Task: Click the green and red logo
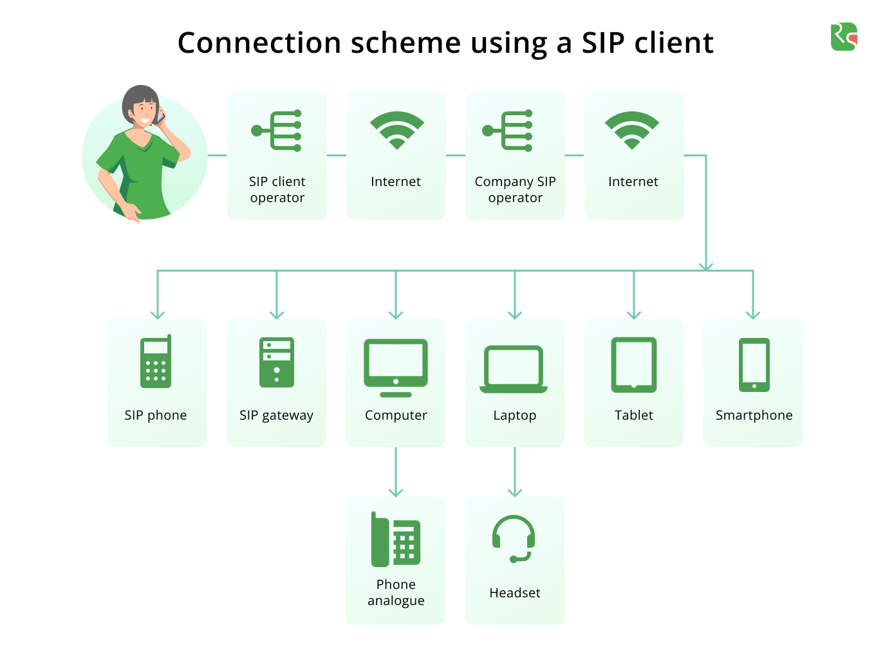[844, 37]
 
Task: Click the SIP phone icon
[156, 361]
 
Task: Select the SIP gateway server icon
[277, 362]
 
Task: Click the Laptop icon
[514, 369]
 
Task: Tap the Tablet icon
[634, 365]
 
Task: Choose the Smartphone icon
[754, 365]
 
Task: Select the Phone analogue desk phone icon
[396, 539]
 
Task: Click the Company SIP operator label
[516, 189]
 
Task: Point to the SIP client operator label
[277, 189]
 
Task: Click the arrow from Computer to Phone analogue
[396, 472]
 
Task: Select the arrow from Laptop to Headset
[515, 472]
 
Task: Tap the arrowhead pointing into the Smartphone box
[753, 315]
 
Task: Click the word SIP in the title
[603, 42]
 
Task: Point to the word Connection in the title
[259, 42]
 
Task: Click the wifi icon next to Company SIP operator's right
[632, 129]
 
